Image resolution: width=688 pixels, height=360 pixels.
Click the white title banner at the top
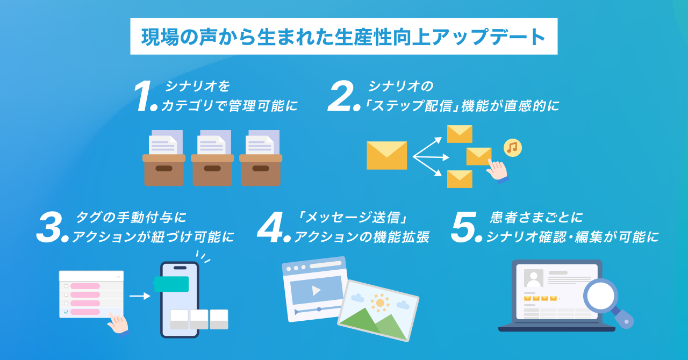pos(343,37)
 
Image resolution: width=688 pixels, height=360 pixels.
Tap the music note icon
pos(512,147)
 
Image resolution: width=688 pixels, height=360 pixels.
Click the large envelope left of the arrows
pos(386,155)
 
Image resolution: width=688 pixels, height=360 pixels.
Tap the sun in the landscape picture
pos(380,303)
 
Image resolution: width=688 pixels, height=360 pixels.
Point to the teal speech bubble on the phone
pos(171,284)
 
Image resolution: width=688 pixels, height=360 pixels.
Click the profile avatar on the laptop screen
pos(534,278)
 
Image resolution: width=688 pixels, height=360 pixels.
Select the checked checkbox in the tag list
pos(66,312)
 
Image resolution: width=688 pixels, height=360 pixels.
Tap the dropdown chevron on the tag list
pos(118,276)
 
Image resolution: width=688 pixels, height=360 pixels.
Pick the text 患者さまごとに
pos(536,218)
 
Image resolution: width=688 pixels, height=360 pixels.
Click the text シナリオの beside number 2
pos(400,86)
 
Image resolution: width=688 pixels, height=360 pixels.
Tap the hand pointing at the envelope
pos(496,171)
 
